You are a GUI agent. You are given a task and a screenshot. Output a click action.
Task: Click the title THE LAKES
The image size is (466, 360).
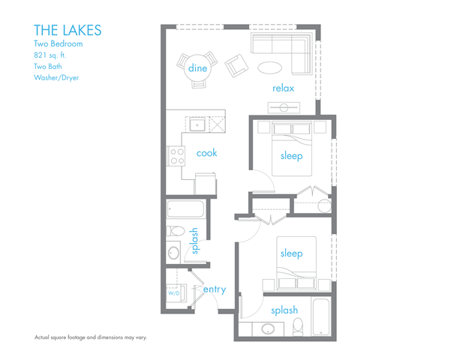coord(68,30)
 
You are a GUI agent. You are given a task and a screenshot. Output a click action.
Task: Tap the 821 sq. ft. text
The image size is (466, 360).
coord(56,55)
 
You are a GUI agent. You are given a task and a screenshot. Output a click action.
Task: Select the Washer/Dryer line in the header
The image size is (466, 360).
coord(56,77)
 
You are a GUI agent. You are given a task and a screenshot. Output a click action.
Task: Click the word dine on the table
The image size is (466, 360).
coord(197,68)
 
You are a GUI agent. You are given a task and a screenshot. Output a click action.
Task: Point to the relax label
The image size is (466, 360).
coord(283,88)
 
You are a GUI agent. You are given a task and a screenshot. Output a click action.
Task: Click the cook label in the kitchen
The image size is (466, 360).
coord(206,152)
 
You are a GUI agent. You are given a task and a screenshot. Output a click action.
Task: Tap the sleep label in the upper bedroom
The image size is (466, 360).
coord(291,156)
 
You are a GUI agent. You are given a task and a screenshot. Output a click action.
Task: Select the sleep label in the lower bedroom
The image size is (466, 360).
coord(291,253)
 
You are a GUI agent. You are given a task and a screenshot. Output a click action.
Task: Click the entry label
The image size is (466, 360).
coord(215,289)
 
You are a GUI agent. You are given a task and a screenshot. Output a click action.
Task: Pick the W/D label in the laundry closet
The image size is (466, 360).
coord(173,293)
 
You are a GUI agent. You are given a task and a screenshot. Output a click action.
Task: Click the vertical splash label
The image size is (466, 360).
coord(195,241)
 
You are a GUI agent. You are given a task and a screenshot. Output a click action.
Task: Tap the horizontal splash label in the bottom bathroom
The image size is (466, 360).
coord(284,310)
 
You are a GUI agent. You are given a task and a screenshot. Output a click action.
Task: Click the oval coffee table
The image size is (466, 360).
coord(271,67)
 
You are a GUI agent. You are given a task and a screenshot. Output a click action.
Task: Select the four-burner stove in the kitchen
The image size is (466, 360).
coord(177,156)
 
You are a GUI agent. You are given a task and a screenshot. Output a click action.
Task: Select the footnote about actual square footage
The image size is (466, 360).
coord(90,337)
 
